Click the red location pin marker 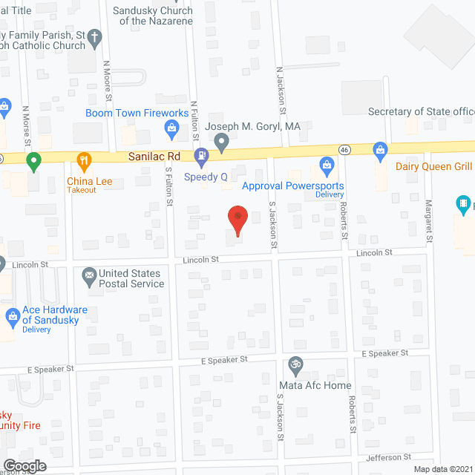click(x=237, y=220)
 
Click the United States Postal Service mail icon click(x=90, y=277)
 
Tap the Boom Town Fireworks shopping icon click(x=172, y=129)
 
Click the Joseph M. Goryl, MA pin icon click(x=220, y=141)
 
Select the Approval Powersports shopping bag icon click(x=326, y=165)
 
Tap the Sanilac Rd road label click(x=153, y=157)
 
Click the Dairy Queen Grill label click(x=434, y=166)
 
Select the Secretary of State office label click(x=421, y=111)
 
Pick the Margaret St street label click(x=429, y=220)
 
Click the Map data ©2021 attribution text click(x=442, y=469)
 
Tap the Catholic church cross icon click(x=94, y=36)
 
